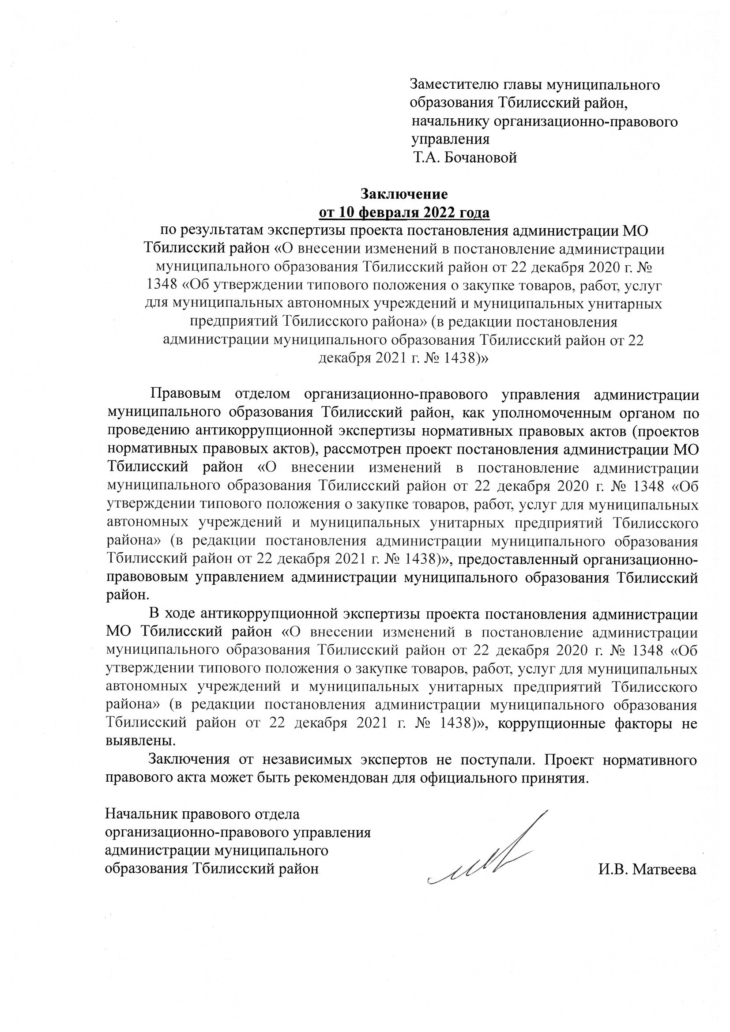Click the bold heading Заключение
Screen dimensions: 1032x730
click(x=404, y=194)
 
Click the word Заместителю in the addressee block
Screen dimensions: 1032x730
click(x=454, y=84)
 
